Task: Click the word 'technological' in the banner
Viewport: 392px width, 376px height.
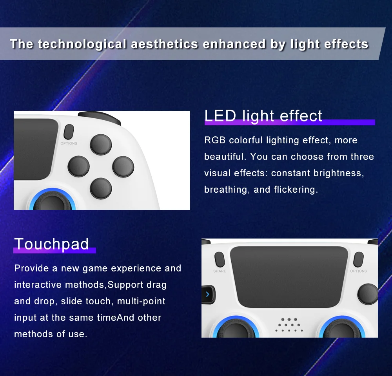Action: tap(82, 45)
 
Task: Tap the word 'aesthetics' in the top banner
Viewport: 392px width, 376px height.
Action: tap(165, 44)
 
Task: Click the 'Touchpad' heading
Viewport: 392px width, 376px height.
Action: tap(51, 244)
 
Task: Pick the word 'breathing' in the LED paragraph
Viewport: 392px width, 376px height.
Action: tap(226, 190)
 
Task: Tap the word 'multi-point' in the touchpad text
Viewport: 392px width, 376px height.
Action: tap(141, 301)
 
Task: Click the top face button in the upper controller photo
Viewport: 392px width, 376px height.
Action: tap(101, 145)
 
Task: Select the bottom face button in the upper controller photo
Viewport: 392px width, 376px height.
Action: tap(101, 189)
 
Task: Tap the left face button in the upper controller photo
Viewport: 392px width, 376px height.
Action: tap(78, 166)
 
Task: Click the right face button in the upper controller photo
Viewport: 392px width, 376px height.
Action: tap(123, 166)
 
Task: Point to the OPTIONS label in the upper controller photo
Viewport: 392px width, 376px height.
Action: tap(69, 143)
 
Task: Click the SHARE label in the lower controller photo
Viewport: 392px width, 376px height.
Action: tap(220, 271)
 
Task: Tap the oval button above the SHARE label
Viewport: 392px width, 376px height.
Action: tap(220, 260)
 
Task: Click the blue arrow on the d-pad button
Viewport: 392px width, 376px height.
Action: tap(208, 294)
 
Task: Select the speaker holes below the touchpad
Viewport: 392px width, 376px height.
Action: tap(289, 325)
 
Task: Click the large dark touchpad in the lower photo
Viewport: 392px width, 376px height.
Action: tap(289, 277)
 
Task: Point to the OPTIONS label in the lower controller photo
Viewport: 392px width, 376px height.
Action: tap(358, 271)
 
